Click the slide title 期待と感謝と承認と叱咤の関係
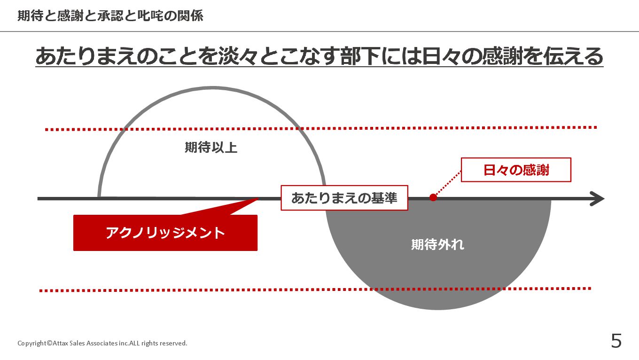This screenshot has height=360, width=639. pyautogui.click(x=110, y=16)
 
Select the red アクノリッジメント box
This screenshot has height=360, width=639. pyautogui.click(x=165, y=233)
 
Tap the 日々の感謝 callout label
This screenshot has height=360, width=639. pyautogui.click(x=516, y=170)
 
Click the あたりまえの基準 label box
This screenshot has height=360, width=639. pyautogui.click(x=344, y=198)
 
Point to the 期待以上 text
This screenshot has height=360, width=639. pyautogui.click(x=211, y=148)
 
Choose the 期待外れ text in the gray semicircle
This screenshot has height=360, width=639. pyautogui.click(x=437, y=244)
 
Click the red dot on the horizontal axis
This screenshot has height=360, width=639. pyautogui.click(x=433, y=197)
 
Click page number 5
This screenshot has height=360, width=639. pyautogui.click(x=616, y=341)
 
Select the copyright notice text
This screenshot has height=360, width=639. pyautogui.click(x=102, y=343)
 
